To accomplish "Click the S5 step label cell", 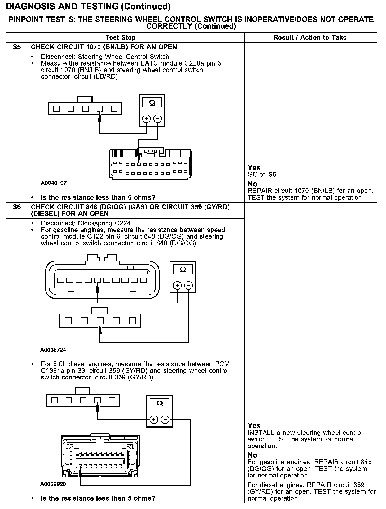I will click(x=17, y=47).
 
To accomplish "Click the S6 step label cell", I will click(x=17, y=207).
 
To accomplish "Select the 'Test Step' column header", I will click(x=120, y=37).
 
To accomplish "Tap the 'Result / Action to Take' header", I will click(x=310, y=37).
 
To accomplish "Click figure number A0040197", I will click(x=54, y=183).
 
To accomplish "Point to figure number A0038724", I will click(x=53, y=350).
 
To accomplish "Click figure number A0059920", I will click(x=53, y=484).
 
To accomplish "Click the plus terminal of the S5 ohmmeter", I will click(x=146, y=119).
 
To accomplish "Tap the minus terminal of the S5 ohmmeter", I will click(x=158, y=119).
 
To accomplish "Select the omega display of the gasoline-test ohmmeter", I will click(x=183, y=270).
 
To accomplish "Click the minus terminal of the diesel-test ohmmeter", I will click(x=165, y=420).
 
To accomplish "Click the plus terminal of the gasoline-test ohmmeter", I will click(x=177, y=286).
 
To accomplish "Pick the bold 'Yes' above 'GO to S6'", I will click(x=254, y=168).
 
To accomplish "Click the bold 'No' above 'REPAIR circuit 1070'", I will click(x=252, y=184).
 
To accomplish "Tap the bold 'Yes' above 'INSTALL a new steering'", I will click(x=254, y=426).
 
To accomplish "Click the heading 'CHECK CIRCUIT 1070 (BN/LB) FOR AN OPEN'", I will click(x=104, y=47).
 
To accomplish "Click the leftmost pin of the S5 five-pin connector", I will click(x=56, y=109).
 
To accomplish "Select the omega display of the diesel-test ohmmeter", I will click(x=159, y=404).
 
